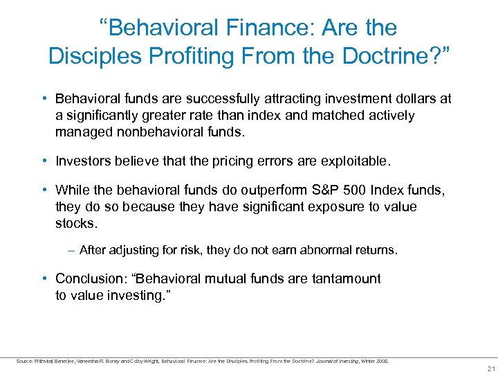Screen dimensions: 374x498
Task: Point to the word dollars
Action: point(411,99)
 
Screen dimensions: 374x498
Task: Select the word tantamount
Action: point(347,279)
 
